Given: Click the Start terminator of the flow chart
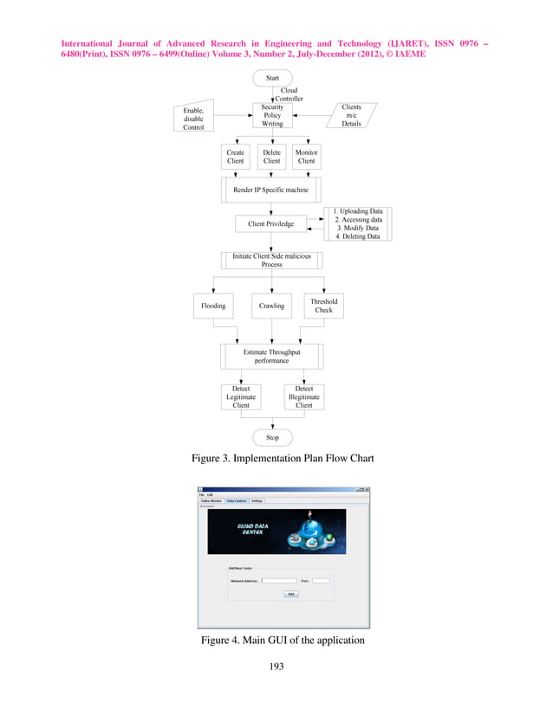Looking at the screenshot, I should (272, 78).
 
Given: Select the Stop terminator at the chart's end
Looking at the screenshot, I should (272, 437).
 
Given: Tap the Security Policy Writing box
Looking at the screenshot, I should (272, 115).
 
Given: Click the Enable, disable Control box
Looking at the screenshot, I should (193, 119).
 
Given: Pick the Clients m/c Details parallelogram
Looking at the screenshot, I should (351, 115).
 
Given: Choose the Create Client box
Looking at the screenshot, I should (235, 157).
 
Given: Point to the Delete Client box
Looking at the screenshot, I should (272, 157).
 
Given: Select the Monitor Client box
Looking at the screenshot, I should (307, 157).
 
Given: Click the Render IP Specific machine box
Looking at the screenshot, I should (271, 190).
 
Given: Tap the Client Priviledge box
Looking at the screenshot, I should (271, 224).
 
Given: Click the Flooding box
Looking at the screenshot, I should (213, 306).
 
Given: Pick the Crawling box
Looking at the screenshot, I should (272, 306).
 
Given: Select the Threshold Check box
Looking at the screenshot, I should (324, 306).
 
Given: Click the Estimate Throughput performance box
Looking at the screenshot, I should (271, 357).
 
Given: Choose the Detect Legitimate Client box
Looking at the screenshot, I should (241, 396).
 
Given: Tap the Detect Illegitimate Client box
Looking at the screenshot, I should (304, 396).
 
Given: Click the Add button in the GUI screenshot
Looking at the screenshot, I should (291, 594).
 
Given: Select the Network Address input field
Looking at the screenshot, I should (279, 581).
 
